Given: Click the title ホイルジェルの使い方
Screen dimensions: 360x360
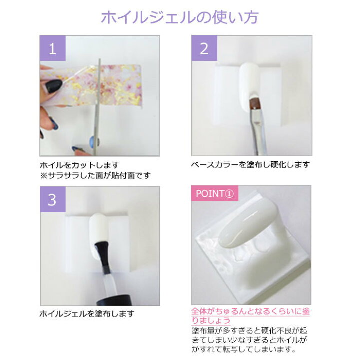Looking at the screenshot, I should point(180,18).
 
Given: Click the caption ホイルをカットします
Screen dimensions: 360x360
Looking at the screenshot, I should point(79,164).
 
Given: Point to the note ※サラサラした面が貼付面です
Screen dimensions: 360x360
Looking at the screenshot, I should point(95,175).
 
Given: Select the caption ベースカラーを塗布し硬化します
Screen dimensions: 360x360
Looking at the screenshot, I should point(250,164).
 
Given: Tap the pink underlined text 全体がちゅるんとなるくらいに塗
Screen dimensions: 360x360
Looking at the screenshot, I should point(250,311).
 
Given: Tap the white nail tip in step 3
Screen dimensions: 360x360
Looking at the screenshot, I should point(98,230).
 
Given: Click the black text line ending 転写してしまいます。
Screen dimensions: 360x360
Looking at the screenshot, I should point(250,350).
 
